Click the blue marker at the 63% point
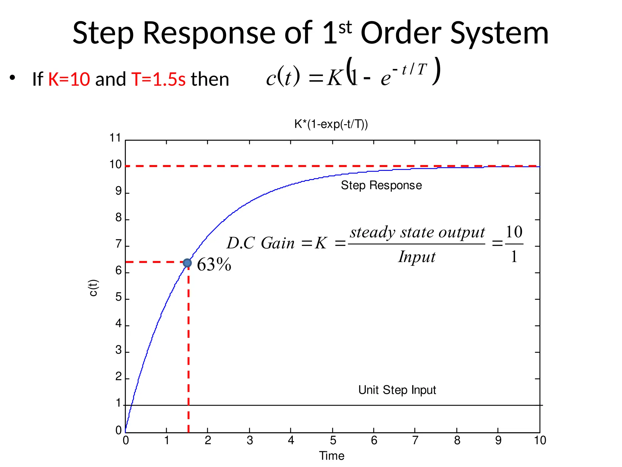click(187, 263)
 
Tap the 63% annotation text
click(214, 265)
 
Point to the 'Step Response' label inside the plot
click(381, 185)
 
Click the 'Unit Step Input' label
click(397, 390)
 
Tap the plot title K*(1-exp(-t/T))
click(331, 124)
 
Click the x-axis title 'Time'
click(332, 456)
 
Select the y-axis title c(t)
click(93, 288)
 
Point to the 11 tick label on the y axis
click(115, 138)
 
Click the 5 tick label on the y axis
click(118, 297)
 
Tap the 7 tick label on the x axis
click(415, 440)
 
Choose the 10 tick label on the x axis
click(540, 440)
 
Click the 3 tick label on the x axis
click(250, 440)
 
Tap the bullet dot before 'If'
click(12, 78)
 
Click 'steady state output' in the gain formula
click(417, 233)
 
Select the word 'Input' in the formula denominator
click(417, 257)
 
